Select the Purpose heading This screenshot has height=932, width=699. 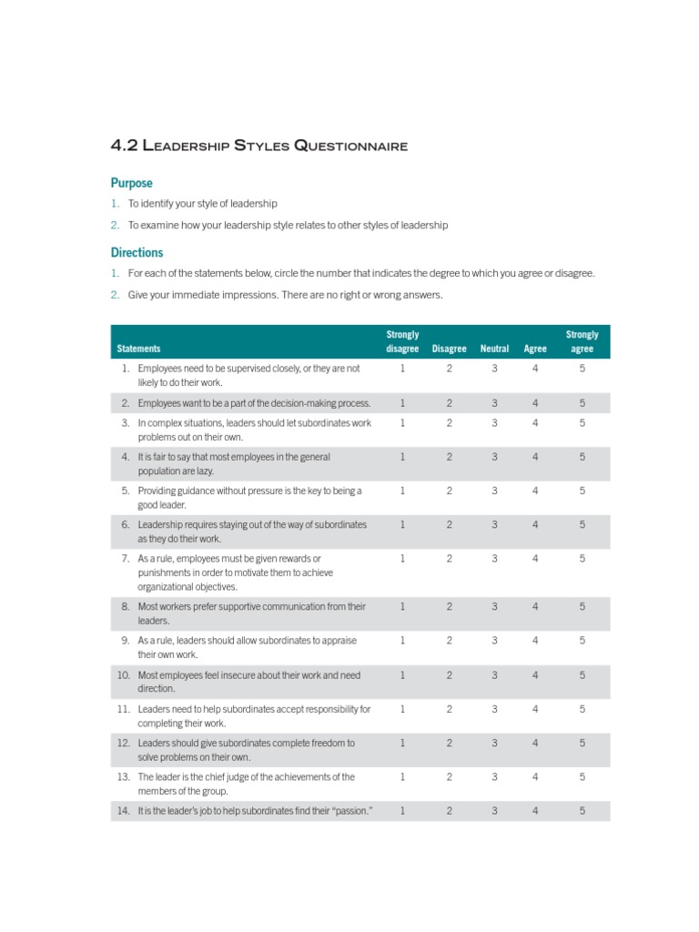coord(131,183)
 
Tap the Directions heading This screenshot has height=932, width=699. coord(137,252)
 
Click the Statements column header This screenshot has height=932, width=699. coord(138,349)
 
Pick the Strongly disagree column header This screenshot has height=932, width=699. coord(402,341)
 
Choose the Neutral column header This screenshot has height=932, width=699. coord(494,349)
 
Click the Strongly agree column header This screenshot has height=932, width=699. coord(582,341)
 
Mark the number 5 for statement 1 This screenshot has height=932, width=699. coord(582,369)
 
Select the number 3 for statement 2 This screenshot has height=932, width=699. coord(494,402)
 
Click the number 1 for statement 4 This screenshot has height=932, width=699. coord(402,457)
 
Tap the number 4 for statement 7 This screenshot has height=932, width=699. coord(535,558)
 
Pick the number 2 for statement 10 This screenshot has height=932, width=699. coord(449,675)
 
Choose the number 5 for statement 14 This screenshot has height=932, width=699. coord(582,810)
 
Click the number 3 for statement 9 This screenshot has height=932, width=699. coord(494,641)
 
